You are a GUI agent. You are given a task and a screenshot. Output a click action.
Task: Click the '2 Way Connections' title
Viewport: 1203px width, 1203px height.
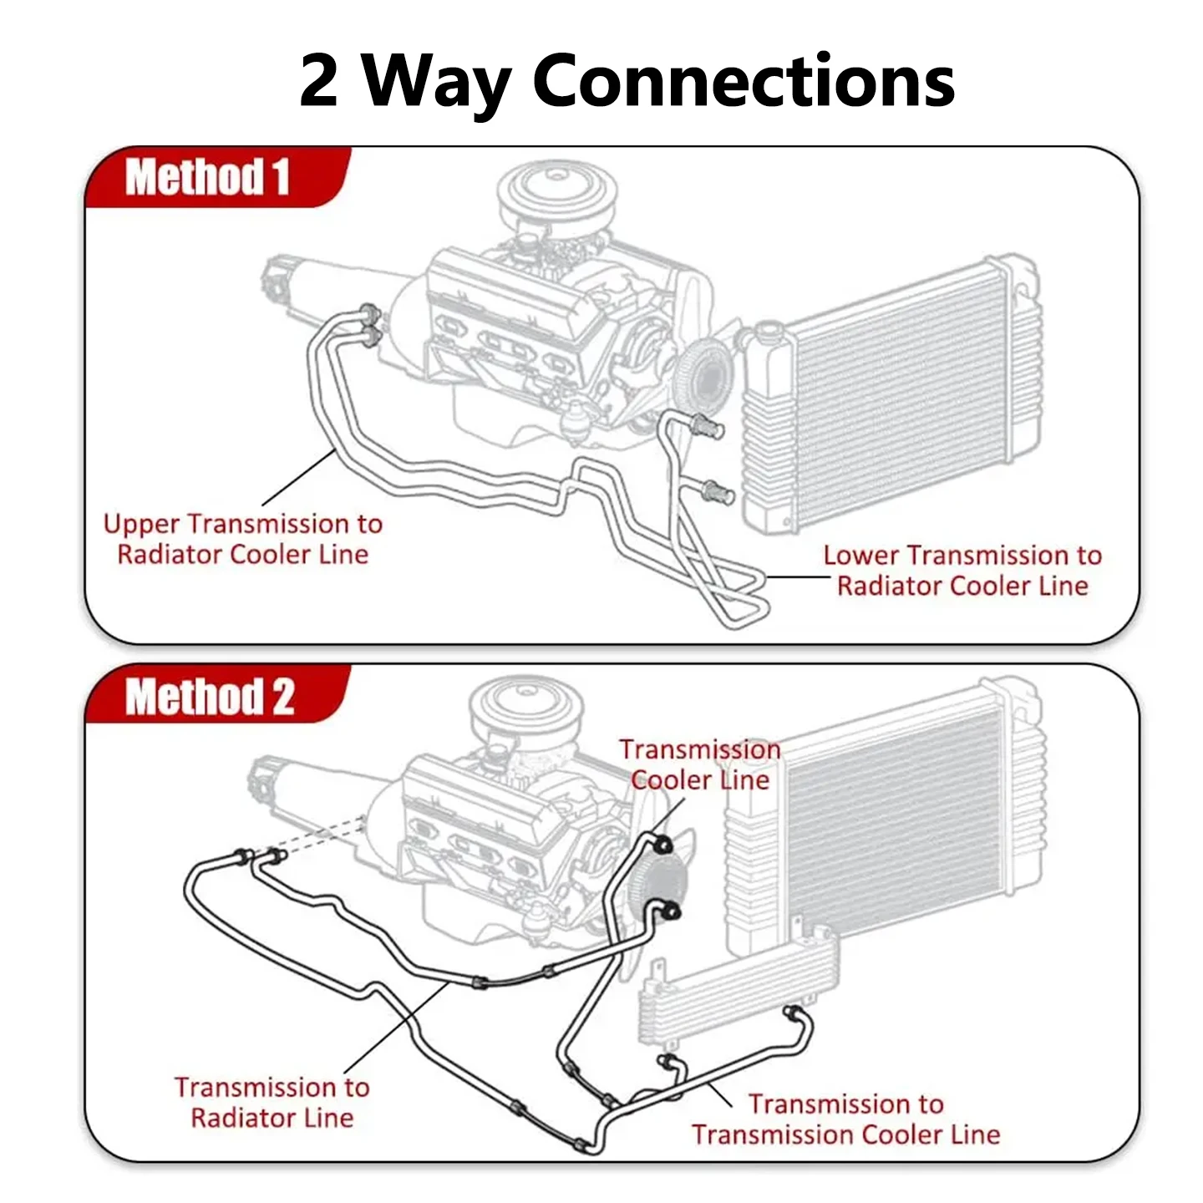(x=627, y=83)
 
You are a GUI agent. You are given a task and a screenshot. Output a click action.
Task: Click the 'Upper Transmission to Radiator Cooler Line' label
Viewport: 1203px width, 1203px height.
(x=243, y=539)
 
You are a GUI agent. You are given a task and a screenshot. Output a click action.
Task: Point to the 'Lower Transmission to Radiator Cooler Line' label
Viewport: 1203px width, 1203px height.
(x=962, y=571)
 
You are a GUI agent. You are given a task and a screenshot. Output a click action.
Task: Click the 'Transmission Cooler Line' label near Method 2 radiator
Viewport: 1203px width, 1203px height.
(x=700, y=764)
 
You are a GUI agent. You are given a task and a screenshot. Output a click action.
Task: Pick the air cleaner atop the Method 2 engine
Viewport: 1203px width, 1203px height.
(x=527, y=708)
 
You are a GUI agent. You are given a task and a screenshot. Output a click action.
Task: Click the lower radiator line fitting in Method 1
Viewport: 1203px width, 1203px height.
(x=718, y=492)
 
